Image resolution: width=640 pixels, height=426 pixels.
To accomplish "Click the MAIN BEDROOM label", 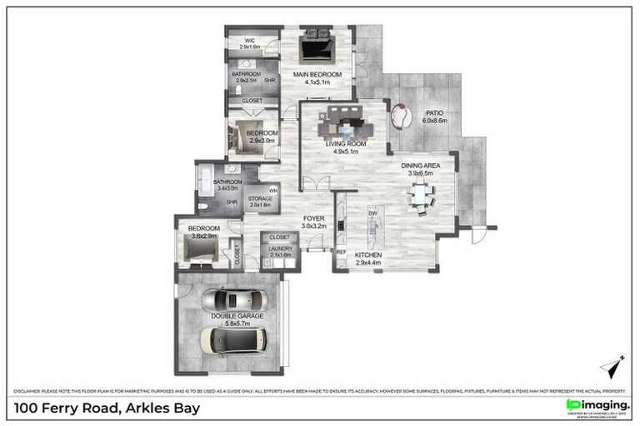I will tap(317, 75).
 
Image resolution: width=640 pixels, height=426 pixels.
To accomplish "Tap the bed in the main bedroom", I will tap(317, 46).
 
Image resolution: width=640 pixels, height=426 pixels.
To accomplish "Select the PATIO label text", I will tap(434, 112).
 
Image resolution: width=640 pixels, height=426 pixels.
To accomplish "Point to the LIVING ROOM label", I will tap(345, 144).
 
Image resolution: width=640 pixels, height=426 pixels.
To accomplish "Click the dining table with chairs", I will tap(419, 196).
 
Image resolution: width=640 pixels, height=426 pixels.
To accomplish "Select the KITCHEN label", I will tap(367, 255).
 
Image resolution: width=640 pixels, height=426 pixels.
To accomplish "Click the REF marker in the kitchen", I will tap(341, 251).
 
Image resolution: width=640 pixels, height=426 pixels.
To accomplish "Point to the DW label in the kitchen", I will tap(374, 214).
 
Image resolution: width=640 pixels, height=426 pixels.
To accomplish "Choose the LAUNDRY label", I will tap(280, 248).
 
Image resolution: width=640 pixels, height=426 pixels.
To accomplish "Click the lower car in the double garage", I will tap(233, 339).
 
